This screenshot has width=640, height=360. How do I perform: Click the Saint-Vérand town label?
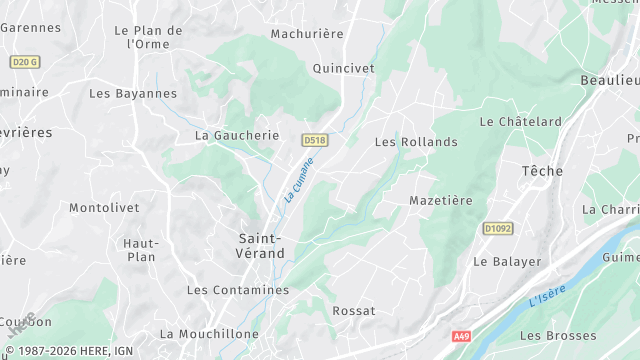[260, 245]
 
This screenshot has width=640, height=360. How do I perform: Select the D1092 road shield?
[497, 229]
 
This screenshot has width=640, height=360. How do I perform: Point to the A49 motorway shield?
[460, 336]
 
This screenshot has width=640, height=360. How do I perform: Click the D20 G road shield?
[24, 62]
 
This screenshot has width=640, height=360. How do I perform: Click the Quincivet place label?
[343, 69]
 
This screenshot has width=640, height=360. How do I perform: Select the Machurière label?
[307, 34]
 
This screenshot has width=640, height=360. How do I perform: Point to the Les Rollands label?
[416, 142]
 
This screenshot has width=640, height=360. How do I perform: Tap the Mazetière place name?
[441, 201]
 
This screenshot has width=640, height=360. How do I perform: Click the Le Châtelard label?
[520, 122]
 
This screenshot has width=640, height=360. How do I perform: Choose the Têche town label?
[543, 172]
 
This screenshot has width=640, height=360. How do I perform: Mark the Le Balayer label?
[507, 262]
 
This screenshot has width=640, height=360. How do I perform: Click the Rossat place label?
[353, 311]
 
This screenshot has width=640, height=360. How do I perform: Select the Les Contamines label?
[238, 290]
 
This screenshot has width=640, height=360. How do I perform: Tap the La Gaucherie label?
[237, 135]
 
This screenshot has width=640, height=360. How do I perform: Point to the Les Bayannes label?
[133, 94]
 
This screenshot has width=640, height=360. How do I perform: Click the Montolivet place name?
[102, 208]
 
